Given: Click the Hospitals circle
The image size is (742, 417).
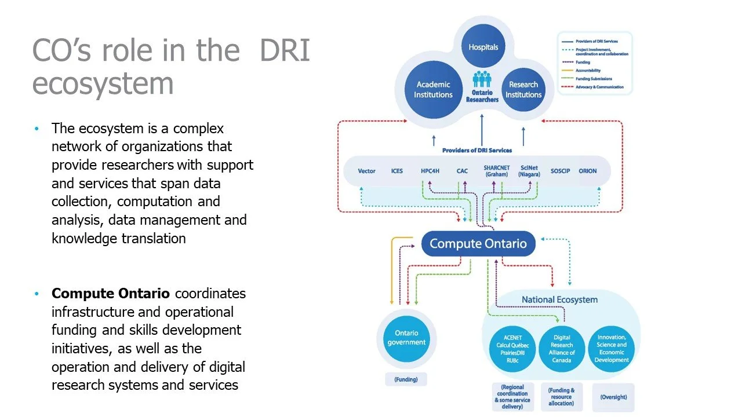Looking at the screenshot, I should pyautogui.click(x=483, y=46).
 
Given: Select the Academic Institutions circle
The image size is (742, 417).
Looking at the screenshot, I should pyautogui.click(x=433, y=89).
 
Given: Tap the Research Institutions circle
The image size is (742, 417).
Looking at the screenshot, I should pyautogui.click(x=523, y=89).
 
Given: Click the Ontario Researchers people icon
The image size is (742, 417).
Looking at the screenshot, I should pyautogui.click(x=482, y=80).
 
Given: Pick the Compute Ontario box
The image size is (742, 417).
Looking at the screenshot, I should pyautogui.click(x=478, y=243).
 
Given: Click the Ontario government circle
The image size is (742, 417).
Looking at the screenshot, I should pyautogui.click(x=406, y=338).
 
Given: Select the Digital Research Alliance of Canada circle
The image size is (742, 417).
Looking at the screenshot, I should pyautogui.click(x=561, y=348).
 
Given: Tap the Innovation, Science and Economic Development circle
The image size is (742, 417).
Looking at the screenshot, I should pyautogui.click(x=611, y=348).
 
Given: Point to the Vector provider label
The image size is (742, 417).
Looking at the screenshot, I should pyautogui.click(x=366, y=171).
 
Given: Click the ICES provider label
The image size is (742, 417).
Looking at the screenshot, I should pyautogui.click(x=397, y=171).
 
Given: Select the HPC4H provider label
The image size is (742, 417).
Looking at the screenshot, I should pyautogui.click(x=431, y=171).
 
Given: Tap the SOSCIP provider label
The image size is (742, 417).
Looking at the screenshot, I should pyautogui.click(x=560, y=171).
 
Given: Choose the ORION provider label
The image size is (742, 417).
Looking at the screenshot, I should pyautogui.click(x=587, y=171).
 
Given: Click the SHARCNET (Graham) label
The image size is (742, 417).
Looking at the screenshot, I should pyautogui.click(x=496, y=171).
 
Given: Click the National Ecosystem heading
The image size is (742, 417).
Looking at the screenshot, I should pyautogui.click(x=559, y=299).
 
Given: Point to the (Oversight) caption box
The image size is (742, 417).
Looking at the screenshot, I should pyautogui.click(x=613, y=397).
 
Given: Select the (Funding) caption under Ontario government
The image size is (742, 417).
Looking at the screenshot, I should pyautogui.click(x=406, y=380).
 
